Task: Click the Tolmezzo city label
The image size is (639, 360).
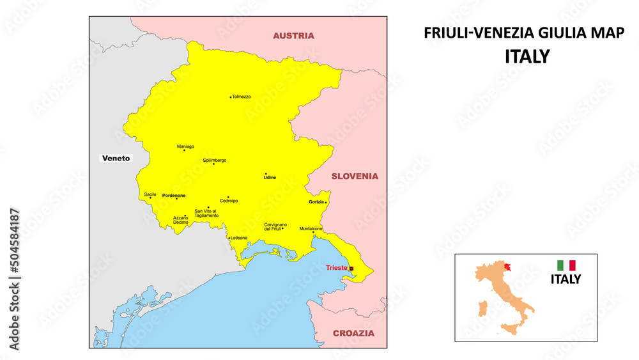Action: tap(242, 97)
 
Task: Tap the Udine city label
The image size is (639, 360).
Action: tap(270, 177)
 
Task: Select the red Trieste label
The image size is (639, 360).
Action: tap(336, 268)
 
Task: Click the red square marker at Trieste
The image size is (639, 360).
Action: tap(351, 269)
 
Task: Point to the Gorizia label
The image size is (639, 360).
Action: tap(316, 202)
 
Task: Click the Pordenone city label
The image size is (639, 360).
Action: tap(174, 195)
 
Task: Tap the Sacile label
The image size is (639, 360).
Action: tap(150, 194)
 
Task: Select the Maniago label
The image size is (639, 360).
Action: tap(185, 146)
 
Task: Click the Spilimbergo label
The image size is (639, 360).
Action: tap(215, 160)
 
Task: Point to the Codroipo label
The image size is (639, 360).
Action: tap(229, 201)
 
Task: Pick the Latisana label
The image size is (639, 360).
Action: tap(239, 238)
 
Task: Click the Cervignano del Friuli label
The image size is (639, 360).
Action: tap(276, 226)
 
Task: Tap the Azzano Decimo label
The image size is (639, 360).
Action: tap(181, 220)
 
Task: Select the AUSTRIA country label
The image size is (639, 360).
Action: tap(293, 36)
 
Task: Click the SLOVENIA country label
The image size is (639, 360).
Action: tap(354, 176)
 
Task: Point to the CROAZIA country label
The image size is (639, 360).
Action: tap(353, 333)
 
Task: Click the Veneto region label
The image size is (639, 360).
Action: tap(116, 158)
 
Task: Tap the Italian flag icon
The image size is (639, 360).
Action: tap(566, 265)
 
